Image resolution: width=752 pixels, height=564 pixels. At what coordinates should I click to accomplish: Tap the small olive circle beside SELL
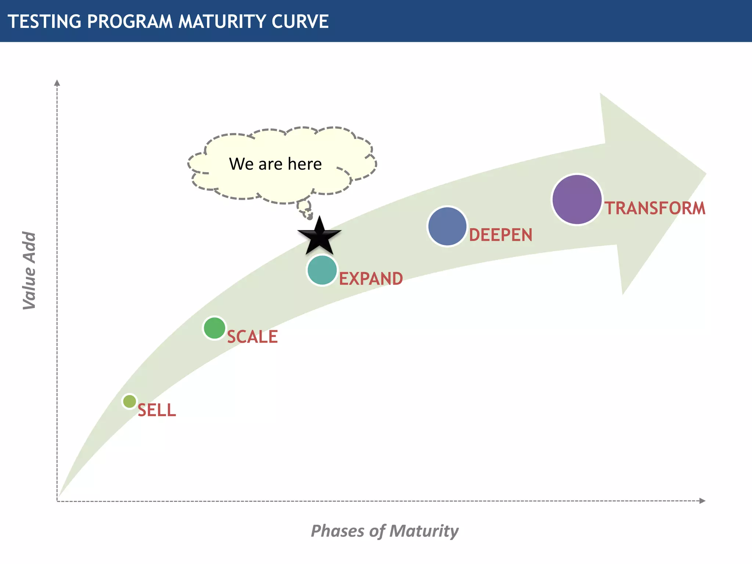tap(129, 401)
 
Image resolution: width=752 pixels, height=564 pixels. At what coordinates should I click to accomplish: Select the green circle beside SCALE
tap(214, 328)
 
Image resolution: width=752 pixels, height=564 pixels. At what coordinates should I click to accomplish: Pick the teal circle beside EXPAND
tap(322, 270)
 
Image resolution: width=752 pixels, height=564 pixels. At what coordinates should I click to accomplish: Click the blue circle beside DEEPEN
tap(447, 226)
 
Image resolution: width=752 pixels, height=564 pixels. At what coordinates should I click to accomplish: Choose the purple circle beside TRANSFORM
tap(577, 199)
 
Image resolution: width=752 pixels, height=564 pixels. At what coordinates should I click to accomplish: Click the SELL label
tap(157, 410)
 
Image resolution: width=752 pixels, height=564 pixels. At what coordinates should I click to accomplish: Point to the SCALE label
tap(252, 337)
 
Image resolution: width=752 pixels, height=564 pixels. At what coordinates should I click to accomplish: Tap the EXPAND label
tap(370, 279)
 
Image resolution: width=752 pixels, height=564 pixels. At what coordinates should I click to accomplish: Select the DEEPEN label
tap(500, 235)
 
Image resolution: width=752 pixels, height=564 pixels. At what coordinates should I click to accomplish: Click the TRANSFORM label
tap(655, 208)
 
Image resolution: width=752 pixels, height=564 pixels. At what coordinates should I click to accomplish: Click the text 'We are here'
tap(275, 164)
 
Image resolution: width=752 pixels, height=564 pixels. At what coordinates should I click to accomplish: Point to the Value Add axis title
tap(29, 271)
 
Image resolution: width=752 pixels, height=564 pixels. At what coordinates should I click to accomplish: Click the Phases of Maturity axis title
tap(384, 531)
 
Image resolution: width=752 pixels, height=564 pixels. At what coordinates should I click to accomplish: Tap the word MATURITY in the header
tap(222, 21)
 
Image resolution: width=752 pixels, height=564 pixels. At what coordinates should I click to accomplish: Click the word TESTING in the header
tap(44, 21)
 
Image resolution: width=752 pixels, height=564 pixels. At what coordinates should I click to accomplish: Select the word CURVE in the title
tap(300, 21)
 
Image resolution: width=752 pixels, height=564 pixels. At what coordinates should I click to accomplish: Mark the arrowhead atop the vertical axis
tap(57, 83)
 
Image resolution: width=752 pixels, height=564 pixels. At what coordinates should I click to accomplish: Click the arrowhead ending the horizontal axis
tap(702, 501)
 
